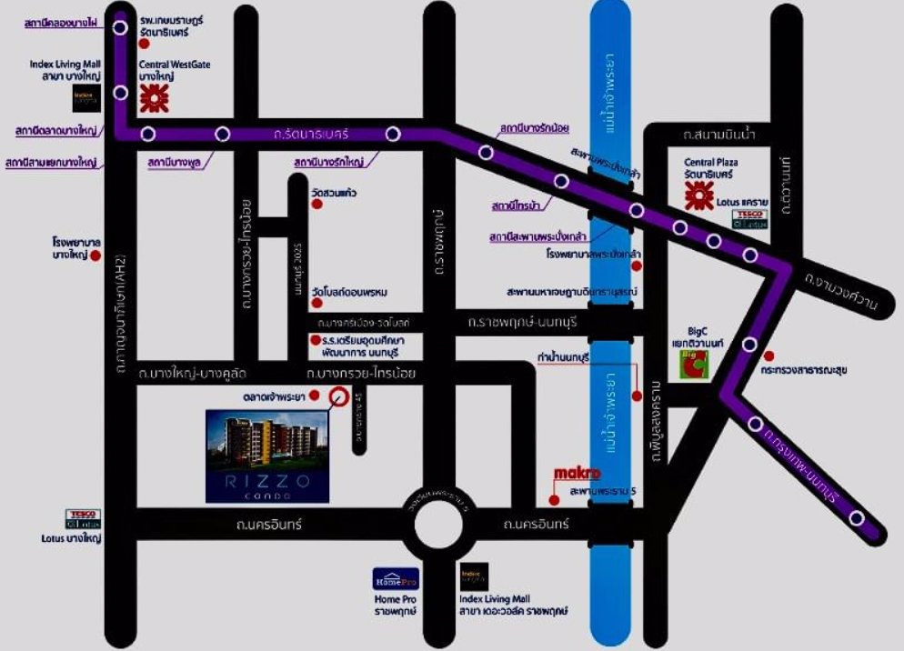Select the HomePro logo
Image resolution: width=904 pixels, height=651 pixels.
coord(396,578)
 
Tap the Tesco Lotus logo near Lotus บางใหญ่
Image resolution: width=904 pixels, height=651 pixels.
coord(84,519)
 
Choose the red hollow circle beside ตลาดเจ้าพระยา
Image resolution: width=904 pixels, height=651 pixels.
coord(337,396)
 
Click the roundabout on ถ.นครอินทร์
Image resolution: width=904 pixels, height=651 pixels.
coord(446,525)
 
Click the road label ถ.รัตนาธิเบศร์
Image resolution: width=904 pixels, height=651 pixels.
coord(311,135)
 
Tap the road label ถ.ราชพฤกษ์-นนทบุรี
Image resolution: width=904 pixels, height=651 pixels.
coord(524,322)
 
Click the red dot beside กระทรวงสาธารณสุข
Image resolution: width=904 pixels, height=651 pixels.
coord(769,356)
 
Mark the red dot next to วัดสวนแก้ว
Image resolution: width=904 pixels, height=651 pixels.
coord(316,205)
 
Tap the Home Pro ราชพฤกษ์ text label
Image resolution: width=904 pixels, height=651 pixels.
coord(395,606)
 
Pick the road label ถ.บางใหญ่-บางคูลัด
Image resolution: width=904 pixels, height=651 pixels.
coord(193,373)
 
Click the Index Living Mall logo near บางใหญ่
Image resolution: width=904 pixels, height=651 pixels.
coord(87,97)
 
